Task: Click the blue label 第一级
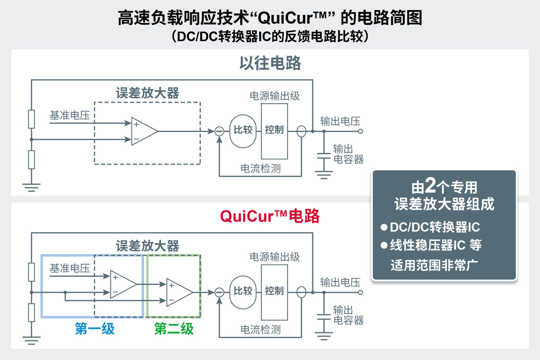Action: click(95, 329)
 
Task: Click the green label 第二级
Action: click(174, 329)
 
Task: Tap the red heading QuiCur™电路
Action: click(270, 216)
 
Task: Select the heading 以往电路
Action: click(270, 63)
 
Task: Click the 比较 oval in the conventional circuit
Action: click(243, 131)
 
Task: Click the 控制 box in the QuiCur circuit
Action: click(274, 292)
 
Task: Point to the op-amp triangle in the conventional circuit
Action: click(143, 131)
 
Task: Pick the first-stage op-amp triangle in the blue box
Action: click(122, 284)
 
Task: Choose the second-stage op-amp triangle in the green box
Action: click(179, 292)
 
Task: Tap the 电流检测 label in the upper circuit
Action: click(260, 168)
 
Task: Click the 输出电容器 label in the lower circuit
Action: click(348, 315)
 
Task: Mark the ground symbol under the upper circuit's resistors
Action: click(31, 187)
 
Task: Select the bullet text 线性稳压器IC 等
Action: click(436, 246)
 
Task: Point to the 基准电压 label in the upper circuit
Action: click(69, 115)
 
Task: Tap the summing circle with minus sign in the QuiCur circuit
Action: click(219, 292)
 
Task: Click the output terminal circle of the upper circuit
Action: click(360, 131)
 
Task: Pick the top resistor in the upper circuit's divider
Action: click(32, 119)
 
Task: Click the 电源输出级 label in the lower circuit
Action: click(275, 257)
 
